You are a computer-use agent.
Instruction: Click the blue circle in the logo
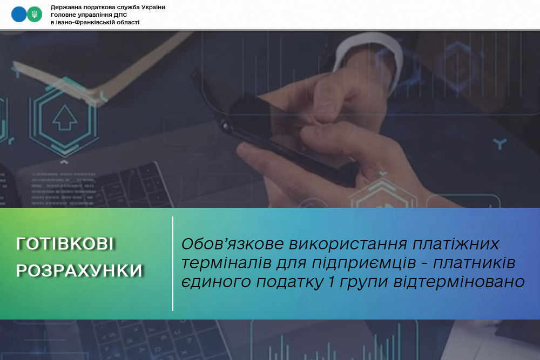pyautogui.click(x=19, y=15)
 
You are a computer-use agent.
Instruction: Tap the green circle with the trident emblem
pyautogui.click(x=35, y=15)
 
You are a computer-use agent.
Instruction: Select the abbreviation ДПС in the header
pyautogui.click(x=120, y=15)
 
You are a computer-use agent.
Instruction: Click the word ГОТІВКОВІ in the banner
pyautogui.click(x=65, y=243)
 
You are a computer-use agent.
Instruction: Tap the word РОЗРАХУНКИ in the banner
pyautogui.click(x=79, y=270)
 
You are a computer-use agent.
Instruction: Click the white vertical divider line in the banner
pyautogui.click(x=173, y=263)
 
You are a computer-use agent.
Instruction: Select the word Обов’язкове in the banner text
pyautogui.click(x=233, y=244)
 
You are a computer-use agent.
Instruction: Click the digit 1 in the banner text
pyautogui.click(x=332, y=282)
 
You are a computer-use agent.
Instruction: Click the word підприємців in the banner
pyautogui.click(x=363, y=263)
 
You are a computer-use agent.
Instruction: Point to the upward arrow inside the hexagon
pyautogui.click(x=64, y=117)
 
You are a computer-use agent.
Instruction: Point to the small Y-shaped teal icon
pyautogui.click(x=500, y=143)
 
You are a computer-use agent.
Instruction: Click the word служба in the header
pyautogui.click(x=129, y=7)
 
